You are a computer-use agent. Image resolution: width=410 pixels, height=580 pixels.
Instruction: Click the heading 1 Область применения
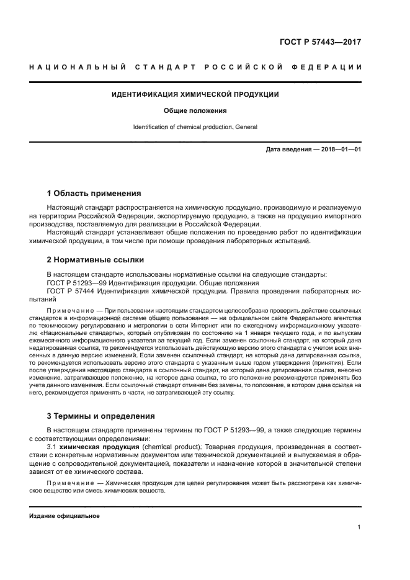(94, 193)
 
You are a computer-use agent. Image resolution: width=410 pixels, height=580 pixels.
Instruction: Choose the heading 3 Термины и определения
(101, 416)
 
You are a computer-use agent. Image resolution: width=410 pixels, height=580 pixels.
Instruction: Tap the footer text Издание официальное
(65, 515)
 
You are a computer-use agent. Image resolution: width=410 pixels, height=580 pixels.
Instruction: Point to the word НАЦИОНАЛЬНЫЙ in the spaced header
(76, 66)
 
